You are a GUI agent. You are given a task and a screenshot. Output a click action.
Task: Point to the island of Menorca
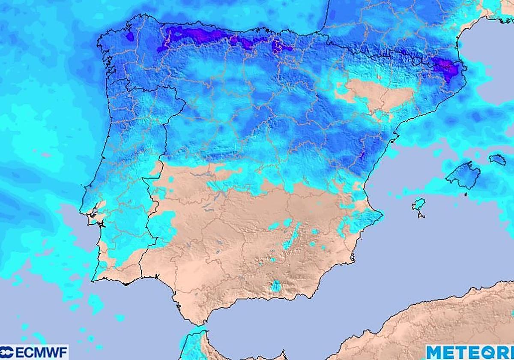pyautogui.click(x=497, y=159)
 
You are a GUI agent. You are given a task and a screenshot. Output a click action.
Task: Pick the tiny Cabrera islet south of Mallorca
pyautogui.click(x=466, y=195)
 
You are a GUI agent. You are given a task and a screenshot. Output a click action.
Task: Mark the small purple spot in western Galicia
pyautogui.click(x=130, y=36)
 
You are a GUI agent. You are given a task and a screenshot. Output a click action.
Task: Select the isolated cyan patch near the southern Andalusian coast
pyautogui.click(x=276, y=285)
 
